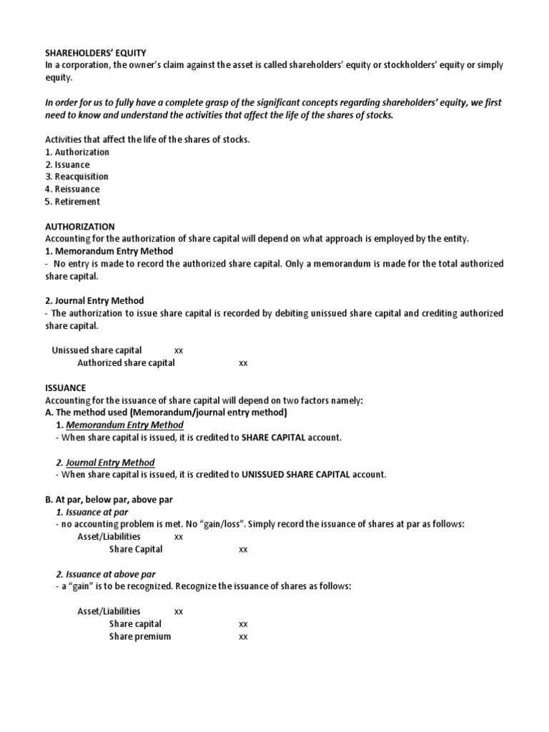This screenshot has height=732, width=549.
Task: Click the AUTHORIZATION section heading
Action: click(79, 227)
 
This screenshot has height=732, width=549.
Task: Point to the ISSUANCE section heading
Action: click(65, 387)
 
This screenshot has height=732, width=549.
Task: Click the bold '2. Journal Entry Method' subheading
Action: click(94, 301)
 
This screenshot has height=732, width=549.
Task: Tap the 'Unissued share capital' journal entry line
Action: click(97, 350)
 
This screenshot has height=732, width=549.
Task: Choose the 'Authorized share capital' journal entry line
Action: click(126, 363)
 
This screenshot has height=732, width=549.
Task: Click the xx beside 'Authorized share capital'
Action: click(243, 363)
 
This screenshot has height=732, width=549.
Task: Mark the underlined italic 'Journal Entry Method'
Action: click(110, 463)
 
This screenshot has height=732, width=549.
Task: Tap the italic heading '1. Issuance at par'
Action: click(91, 512)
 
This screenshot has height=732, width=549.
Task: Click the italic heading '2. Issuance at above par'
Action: click(105, 574)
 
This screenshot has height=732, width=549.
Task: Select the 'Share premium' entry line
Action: click(140, 636)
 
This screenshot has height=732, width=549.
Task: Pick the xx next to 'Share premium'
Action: click(243, 636)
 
